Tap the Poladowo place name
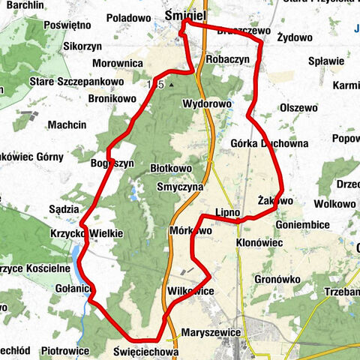point(128,17)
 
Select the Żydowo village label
point(295,36)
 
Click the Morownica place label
point(118,63)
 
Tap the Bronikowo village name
point(112,98)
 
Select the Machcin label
point(67,124)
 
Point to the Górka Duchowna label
point(259,143)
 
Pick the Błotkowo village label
point(171,169)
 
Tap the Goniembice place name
point(303,223)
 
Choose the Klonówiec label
point(259,244)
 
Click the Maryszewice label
point(210,331)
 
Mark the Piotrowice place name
point(65,350)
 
